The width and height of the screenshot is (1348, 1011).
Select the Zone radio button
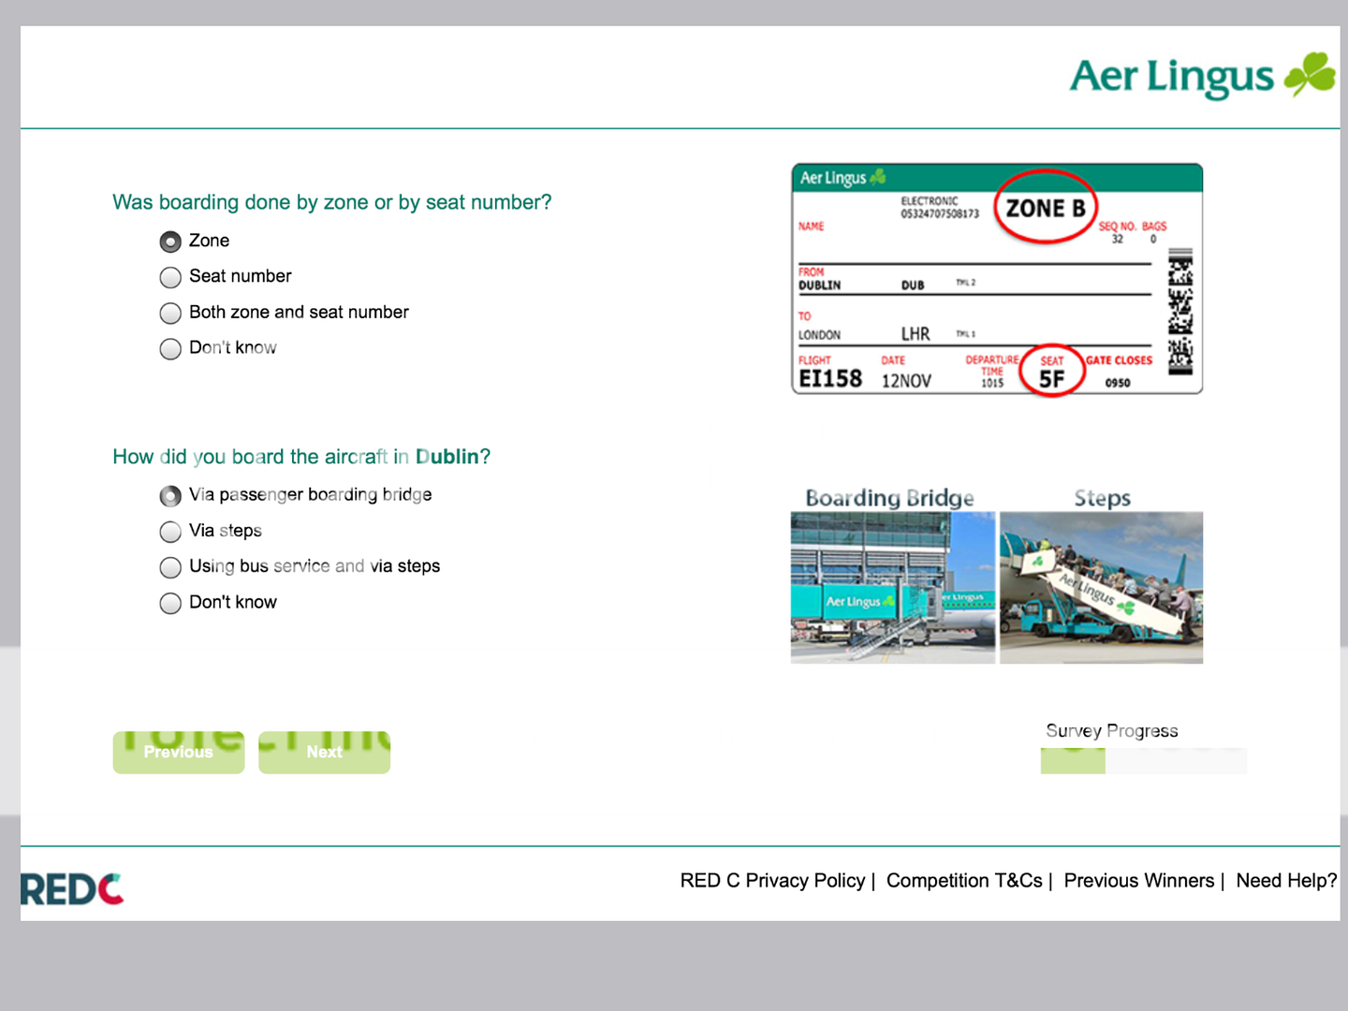point(170,242)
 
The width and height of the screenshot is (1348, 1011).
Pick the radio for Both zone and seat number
point(170,314)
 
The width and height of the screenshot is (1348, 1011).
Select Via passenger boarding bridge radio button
point(170,496)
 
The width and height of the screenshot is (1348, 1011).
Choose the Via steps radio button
point(170,532)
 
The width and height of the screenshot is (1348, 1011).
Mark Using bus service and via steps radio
point(170,567)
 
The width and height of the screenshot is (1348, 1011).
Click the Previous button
point(179,753)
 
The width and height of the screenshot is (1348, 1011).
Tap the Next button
point(324,753)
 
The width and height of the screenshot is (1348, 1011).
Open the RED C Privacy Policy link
point(772,881)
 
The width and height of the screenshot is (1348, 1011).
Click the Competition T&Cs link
point(964,881)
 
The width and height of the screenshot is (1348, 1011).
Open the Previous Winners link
point(1138,881)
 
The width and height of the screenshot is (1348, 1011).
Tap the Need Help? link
point(1286,881)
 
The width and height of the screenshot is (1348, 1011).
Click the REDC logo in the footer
point(72,889)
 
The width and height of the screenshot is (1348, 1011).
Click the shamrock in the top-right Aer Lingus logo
point(1311,74)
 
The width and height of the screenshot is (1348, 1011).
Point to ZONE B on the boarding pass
point(1046,208)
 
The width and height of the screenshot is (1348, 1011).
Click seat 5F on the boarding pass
point(1051,378)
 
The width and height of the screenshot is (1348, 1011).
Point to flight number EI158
point(830,378)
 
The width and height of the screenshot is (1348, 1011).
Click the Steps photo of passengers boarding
point(1101,588)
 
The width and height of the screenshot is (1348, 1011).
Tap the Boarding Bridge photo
point(892,588)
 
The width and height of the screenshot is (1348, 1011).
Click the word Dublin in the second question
point(447,457)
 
